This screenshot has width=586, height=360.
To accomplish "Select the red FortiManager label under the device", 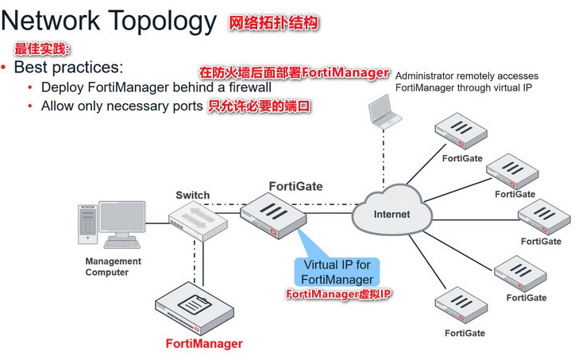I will point(203,343).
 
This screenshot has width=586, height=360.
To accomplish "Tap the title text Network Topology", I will point(110,21).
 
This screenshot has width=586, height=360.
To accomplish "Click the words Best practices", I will point(68,68).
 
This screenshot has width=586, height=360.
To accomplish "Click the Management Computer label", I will point(113,266).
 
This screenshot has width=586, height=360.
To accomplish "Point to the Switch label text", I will point(192,195).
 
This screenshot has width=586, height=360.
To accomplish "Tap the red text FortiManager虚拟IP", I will point(339,294).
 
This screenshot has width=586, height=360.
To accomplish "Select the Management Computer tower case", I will point(87,223).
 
